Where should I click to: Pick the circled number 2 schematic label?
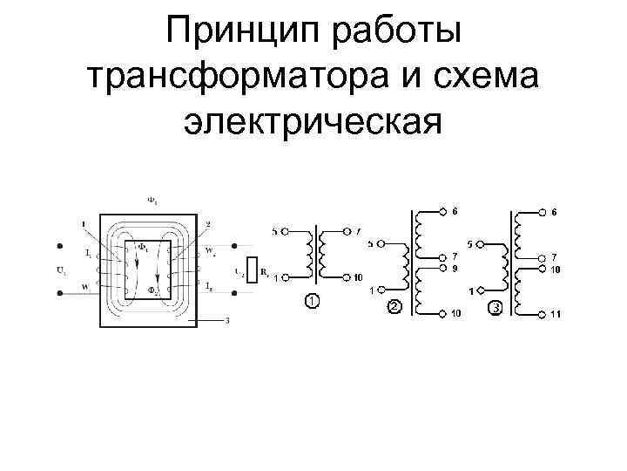(394, 307)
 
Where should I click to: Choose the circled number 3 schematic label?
(496, 307)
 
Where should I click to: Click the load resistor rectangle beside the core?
(251, 270)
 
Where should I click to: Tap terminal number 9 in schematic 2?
(454, 269)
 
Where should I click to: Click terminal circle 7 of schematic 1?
(347, 231)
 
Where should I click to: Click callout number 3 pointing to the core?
(227, 321)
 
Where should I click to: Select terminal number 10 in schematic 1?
(358, 278)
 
